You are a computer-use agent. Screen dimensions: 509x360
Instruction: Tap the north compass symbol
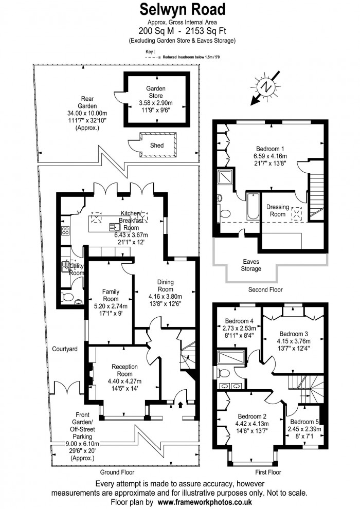265,87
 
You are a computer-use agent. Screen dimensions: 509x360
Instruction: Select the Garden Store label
155,92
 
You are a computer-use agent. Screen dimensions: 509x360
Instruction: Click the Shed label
157,146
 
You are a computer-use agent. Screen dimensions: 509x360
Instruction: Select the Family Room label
111,295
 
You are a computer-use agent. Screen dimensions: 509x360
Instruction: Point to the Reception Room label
124,367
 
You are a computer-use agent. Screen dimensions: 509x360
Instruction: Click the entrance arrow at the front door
180,405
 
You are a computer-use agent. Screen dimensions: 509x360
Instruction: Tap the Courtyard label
65,349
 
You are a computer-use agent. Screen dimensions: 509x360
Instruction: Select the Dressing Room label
278,210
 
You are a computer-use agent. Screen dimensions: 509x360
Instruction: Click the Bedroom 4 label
237,322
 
